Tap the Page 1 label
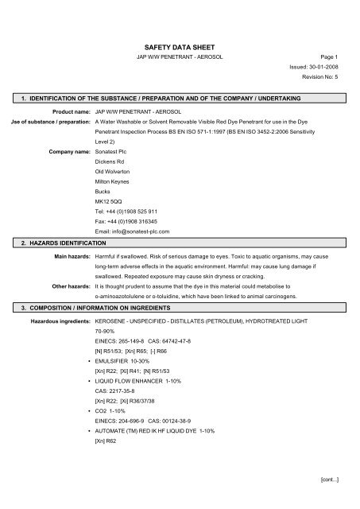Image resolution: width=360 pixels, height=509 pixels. tap(330, 80)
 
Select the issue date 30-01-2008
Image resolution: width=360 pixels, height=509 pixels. tap(323, 91)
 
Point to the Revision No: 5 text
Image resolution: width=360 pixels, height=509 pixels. tap(319, 103)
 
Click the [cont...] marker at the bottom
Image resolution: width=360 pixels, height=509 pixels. tap(330, 481)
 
